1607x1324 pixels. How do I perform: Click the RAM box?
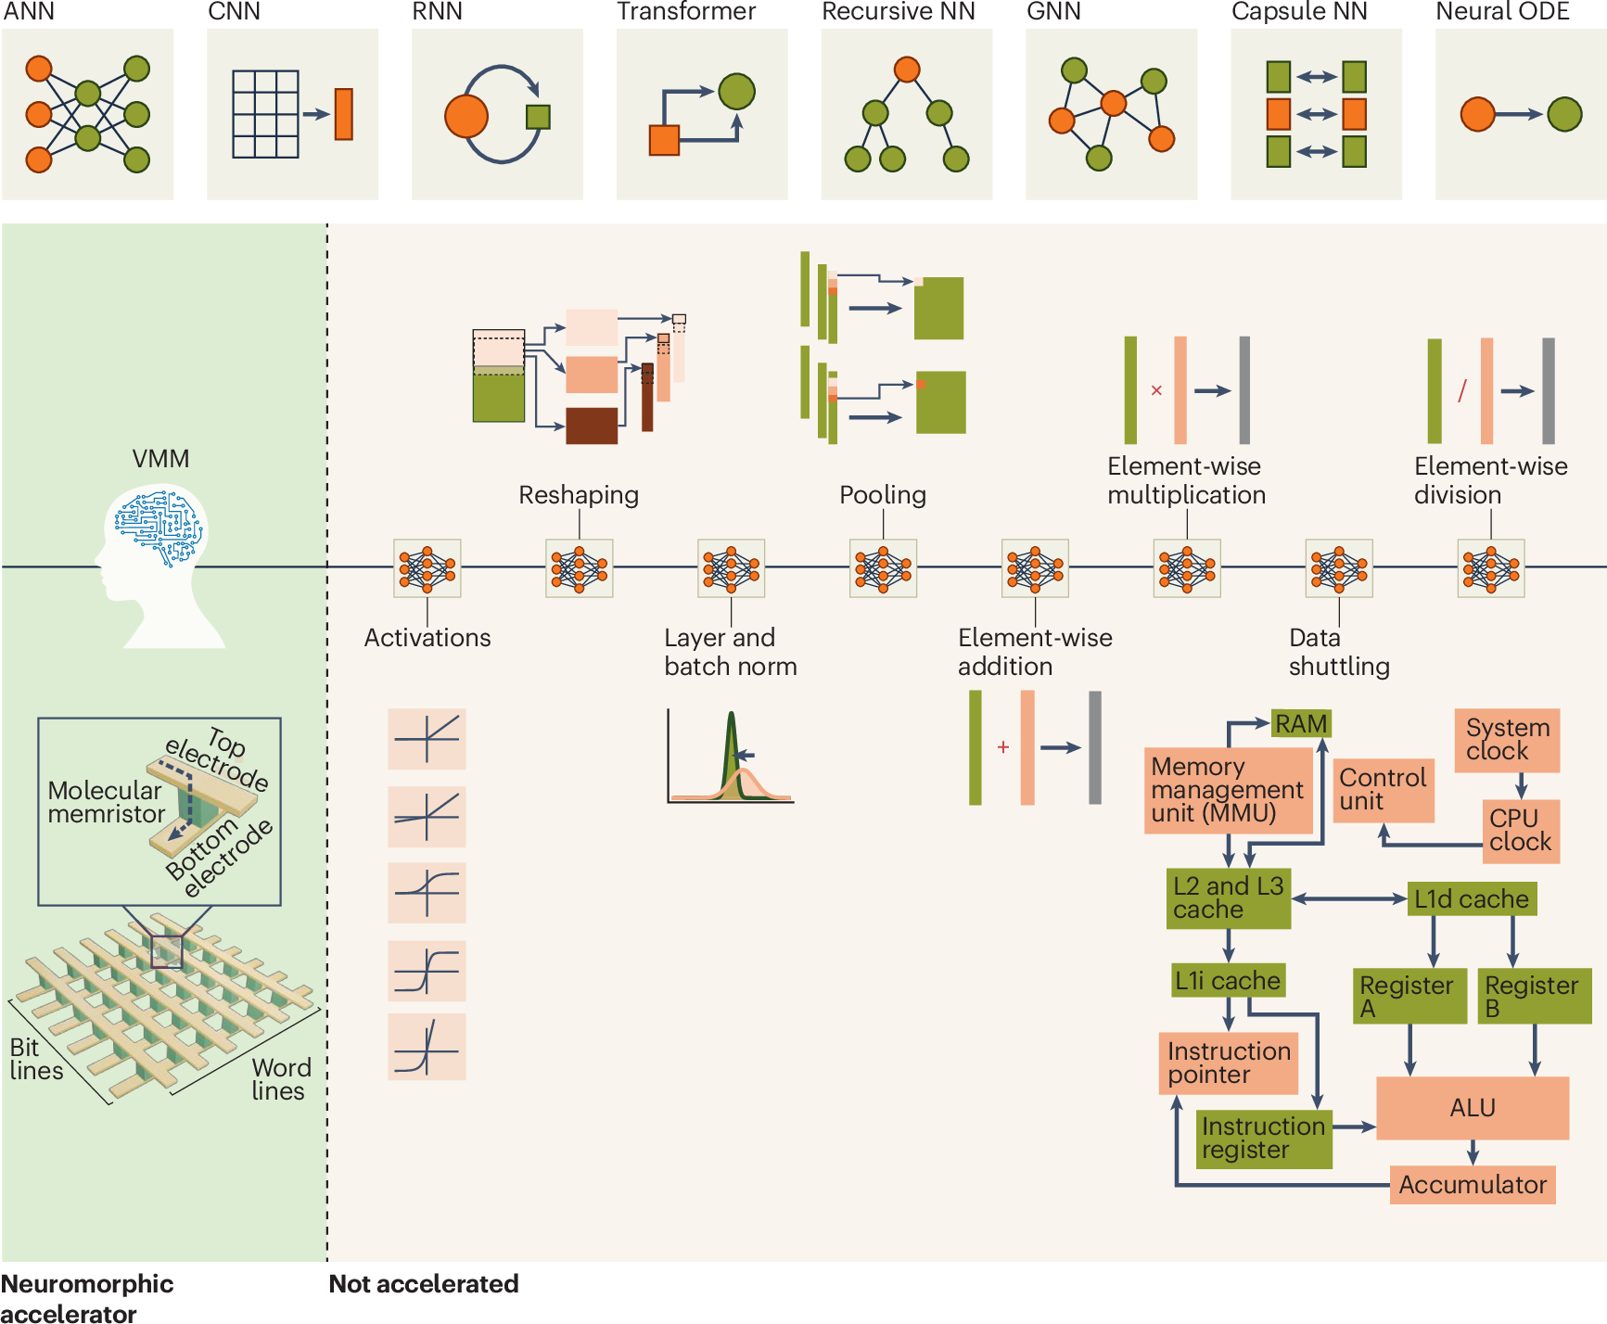pos(1300,723)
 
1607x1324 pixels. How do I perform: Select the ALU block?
pos(1472,1108)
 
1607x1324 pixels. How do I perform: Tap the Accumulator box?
pos(1472,1185)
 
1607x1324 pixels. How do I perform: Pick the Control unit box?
pos(1384,790)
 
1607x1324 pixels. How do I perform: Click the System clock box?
pos(1507,740)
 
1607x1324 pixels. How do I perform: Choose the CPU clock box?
pos(1520,831)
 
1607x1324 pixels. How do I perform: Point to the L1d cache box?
pos(1471,898)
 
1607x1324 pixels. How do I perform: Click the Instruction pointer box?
pos(1228,1063)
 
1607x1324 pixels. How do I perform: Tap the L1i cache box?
pos(1227,980)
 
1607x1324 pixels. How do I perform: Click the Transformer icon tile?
pos(702,114)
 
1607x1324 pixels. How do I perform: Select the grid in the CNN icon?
pos(265,114)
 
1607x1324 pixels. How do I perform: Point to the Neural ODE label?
pos(1502,12)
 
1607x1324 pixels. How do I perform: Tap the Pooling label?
pos(883,495)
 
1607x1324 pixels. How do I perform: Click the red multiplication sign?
pos(1156,390)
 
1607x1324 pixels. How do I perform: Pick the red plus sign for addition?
pos(1003,747)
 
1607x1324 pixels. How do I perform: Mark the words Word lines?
pos(280,1079)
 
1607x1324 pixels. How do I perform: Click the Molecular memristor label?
pos(106,802)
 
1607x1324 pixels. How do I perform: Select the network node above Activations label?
pos(427,568)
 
